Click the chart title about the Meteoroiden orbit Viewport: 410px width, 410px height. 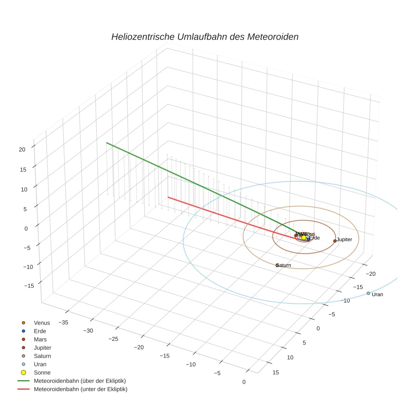click(x=205, y=37)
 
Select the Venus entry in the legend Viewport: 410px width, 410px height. click(x=42, y=323)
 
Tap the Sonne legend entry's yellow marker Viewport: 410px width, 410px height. click(x=24, y=372)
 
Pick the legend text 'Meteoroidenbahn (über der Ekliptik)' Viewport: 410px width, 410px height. click(x=80, y=381)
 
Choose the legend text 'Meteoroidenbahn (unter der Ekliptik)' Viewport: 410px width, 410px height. click(x=80, y=389)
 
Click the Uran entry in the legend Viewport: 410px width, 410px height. click(x=40, y=364)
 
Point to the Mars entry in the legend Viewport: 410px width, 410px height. click(x=40, y=340)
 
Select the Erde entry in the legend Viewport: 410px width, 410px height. click(x=40, y=331)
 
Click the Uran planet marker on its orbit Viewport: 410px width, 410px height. click(x=368, y=293)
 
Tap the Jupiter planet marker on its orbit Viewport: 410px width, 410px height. click(x=335, y=241)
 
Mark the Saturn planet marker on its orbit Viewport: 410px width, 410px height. click(x=277, y=265)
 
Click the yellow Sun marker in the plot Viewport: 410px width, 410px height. click(x=304, y=237)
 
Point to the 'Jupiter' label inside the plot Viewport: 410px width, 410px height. click(x=345, y=240)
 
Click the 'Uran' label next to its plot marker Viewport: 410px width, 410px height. click(x=377, y=295)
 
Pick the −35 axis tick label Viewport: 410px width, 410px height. click(x=63, y=322)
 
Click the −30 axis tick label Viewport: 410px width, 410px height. click(x=88, y=330)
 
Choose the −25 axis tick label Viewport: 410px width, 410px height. click(x=113, y=339)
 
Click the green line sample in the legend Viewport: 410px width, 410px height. click(x=23, y=381)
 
